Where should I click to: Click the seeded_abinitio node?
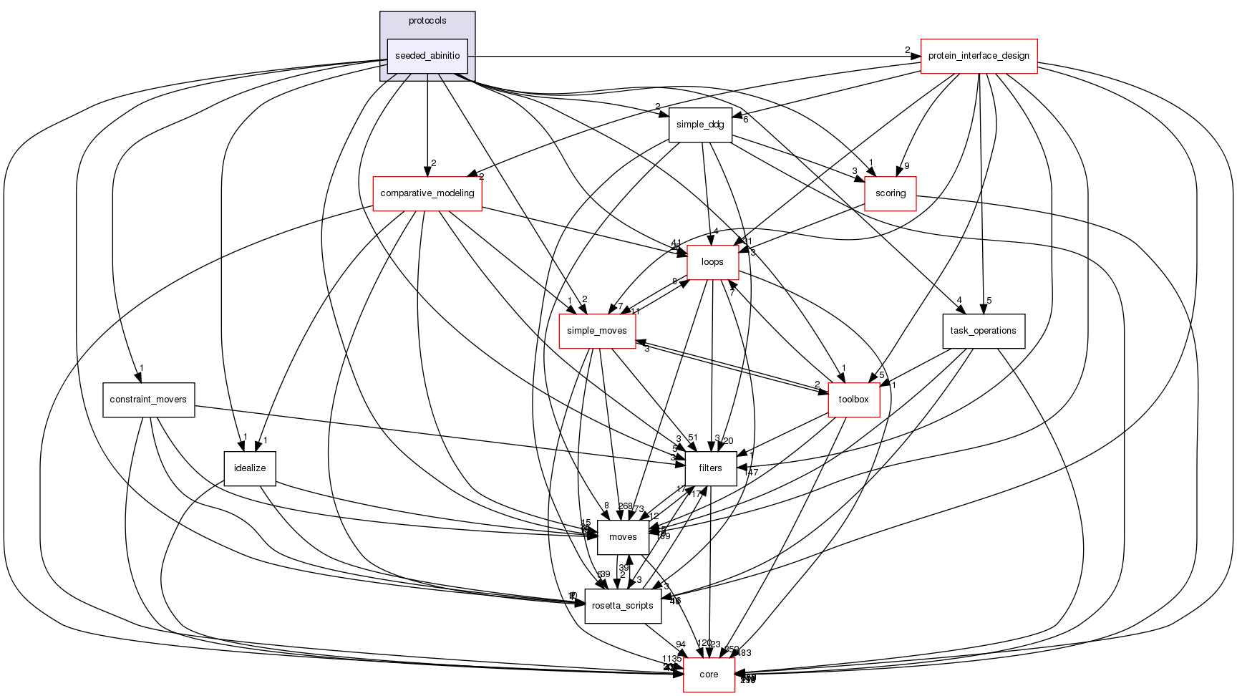427,56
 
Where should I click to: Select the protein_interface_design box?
979,56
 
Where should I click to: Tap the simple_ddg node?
700,125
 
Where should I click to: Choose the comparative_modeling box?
427,193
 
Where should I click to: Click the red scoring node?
891,193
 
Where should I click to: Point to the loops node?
712,262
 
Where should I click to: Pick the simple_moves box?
597,331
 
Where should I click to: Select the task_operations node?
984,331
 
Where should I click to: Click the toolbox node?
853,400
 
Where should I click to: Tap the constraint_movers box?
148,400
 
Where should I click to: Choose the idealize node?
250,468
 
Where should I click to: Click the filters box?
711,468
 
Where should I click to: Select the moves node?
623,537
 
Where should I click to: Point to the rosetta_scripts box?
620,606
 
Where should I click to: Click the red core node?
709,675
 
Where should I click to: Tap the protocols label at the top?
427,21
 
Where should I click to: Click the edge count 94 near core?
681,644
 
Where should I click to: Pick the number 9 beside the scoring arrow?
906,166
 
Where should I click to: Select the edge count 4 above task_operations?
959,301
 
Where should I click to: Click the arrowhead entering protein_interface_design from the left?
916,56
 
